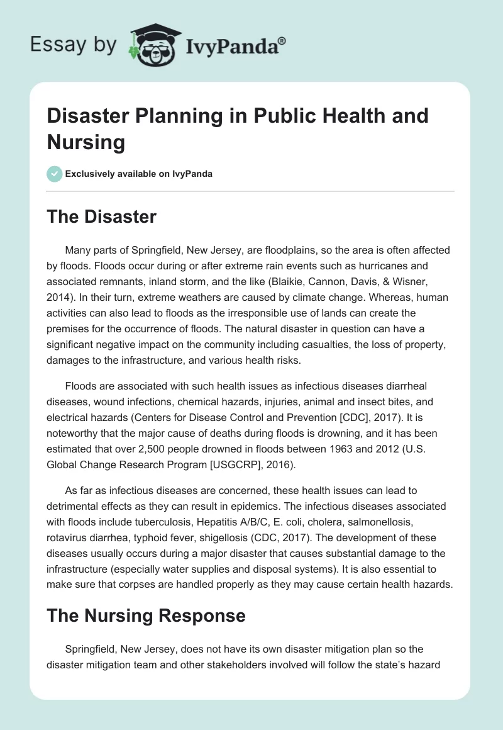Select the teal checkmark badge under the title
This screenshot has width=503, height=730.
click(55, 174)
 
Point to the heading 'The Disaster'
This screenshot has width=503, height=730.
click(101, 217)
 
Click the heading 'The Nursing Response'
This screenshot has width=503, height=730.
click(146, 615)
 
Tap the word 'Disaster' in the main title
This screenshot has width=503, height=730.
click(93, 116)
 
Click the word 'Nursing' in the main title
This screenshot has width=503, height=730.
click(86, 142)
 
